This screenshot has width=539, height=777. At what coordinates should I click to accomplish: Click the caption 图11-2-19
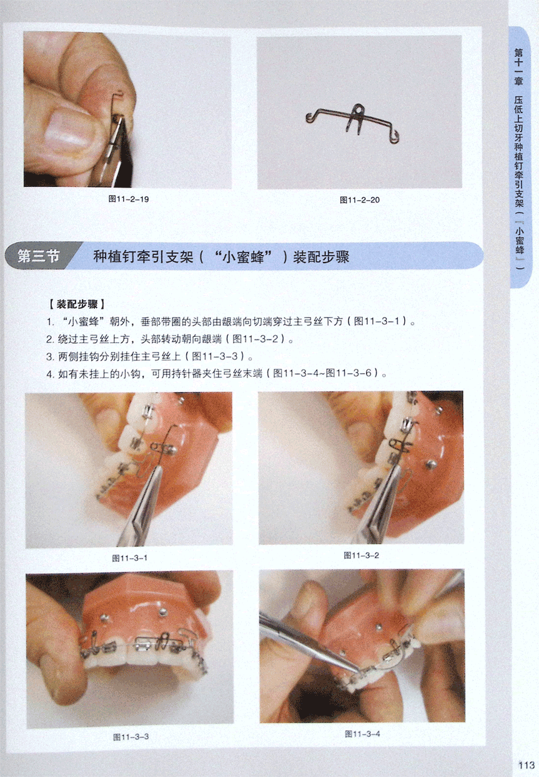coord(128,199)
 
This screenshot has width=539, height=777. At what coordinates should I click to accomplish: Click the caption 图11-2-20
coord(360,200)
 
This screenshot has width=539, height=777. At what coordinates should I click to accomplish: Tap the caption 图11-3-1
coord(130,558)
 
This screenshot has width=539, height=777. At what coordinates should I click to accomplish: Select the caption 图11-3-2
coord(361,555)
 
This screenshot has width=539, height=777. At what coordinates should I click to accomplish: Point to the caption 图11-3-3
coord(131,737)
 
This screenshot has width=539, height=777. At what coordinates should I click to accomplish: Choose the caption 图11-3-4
coord(362,734)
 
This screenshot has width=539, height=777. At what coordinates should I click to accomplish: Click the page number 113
coord(527,766)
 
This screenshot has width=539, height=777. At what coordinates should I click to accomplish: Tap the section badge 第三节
coord(39,256)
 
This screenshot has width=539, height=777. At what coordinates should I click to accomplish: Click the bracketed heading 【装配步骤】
coord(77,304)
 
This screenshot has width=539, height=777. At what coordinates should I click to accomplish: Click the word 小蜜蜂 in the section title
coord(243,257)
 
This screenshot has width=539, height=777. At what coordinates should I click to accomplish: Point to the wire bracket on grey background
coord(352,123)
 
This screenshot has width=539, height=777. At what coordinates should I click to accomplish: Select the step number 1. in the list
coord(51,322)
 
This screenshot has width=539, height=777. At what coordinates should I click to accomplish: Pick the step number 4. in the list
coord(51,374)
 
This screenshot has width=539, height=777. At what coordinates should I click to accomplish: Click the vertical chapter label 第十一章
coord(518,67)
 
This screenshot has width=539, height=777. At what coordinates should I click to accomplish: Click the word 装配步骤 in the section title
coord(321,257)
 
